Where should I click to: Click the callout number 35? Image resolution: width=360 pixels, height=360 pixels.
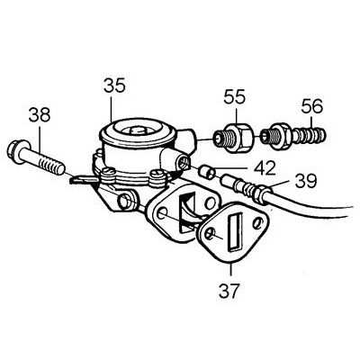click(114, 85)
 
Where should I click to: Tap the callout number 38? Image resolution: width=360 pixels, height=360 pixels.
click(40, 115)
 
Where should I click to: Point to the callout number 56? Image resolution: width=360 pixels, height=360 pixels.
click(312, 106)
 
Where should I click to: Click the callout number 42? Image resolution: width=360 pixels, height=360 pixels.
click(265, 168)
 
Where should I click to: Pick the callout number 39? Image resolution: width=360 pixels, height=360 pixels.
click(306, 181)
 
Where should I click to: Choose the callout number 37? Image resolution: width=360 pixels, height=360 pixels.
click(229, 290)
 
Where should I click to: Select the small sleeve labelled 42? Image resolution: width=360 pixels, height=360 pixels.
click(207, 172)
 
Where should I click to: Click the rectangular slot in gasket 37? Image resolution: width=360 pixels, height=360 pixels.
click(236, 232)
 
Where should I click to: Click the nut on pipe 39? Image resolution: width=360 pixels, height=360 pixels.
click(259, 194)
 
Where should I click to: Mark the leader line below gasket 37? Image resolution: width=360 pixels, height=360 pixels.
click(231, 269)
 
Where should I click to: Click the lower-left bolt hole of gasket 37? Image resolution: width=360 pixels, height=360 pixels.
click(211, 235)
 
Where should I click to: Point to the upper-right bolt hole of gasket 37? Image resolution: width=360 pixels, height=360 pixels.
click(257, 223)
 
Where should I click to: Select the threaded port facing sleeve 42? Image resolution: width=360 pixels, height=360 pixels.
click(184, 163)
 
